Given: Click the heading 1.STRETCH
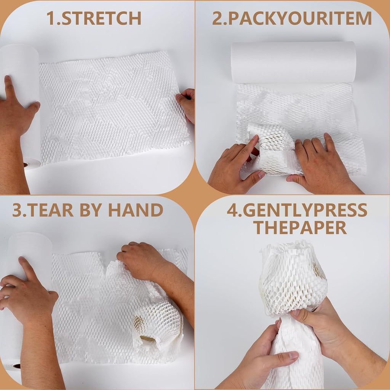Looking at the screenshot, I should [x=94, y=18].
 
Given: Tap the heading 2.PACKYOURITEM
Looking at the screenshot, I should [x=292, y=18].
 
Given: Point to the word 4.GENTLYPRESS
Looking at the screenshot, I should [x=297, y=210].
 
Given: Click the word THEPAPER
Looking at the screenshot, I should [x=300, y=227].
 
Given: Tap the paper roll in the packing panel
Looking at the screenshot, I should [x=293, y=62].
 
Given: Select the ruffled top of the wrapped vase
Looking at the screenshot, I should [x=289, y=249].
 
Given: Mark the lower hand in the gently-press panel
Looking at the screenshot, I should [x=267, y=354].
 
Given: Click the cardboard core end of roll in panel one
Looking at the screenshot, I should [x=31, y=164].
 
